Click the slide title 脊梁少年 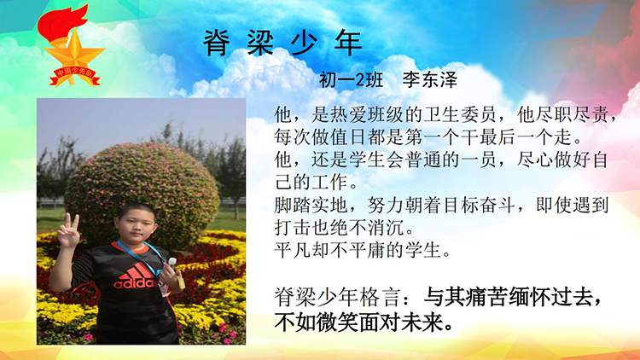282,43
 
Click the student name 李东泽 430,79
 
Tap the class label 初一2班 351,80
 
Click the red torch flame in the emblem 61,23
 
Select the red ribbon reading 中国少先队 75,76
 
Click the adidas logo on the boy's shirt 135,276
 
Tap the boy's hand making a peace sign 67,230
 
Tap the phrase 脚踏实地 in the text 311,205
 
